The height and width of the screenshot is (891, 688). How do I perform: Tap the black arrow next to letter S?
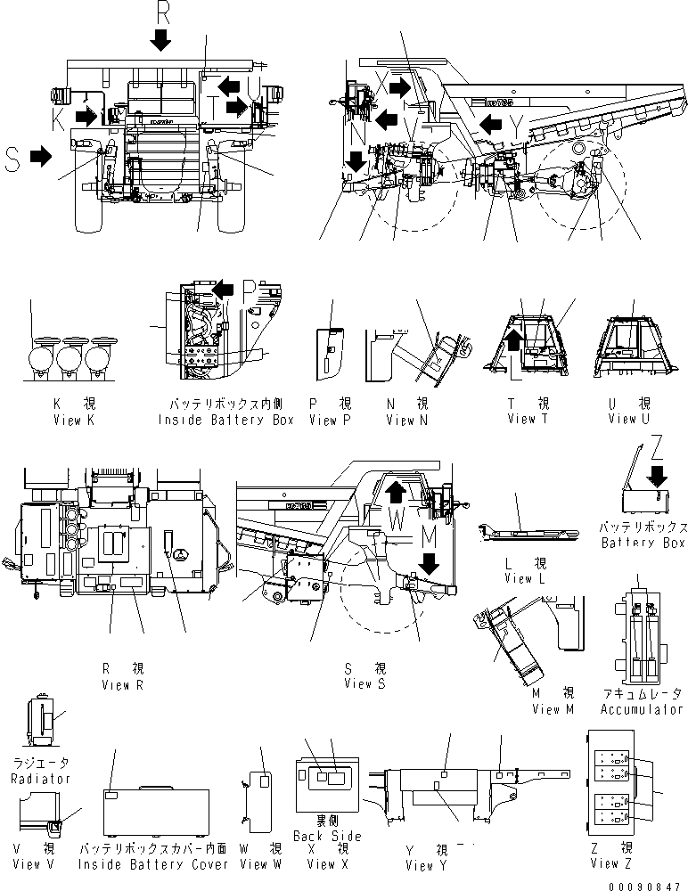[x=40, y=157]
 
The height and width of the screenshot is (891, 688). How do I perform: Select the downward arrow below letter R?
[x=161, y=38]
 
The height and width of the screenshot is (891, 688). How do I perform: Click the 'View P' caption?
[x=330, y=420]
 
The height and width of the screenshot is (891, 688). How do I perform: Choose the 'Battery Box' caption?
[x=643, y=543]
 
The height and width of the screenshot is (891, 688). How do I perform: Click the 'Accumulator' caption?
[x=642, y=709]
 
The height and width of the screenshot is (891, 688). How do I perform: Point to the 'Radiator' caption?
[x=43, y=778]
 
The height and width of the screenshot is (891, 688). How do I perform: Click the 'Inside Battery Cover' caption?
[x=153, y=863]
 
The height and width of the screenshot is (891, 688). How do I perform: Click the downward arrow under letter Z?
[x=657, y=473]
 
